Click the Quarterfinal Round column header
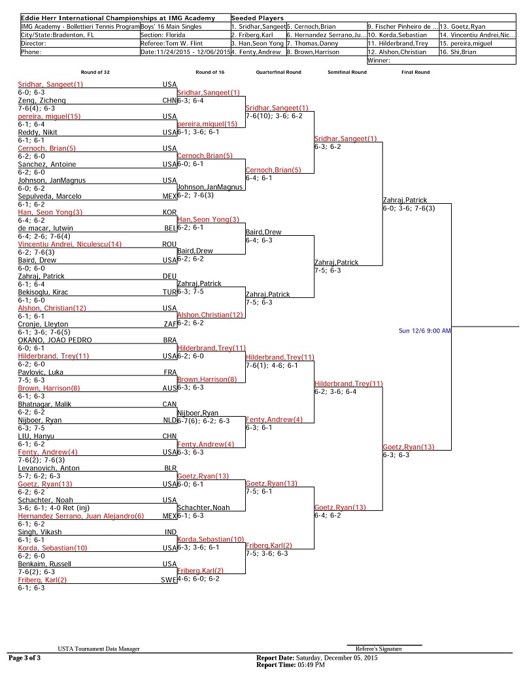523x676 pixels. click(278, 72)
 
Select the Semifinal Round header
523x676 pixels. click(347, 72)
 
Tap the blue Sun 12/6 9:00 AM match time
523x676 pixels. click(425, 330)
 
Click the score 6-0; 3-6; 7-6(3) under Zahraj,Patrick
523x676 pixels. click(409, 208)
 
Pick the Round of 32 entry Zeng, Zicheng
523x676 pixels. click(42, 101)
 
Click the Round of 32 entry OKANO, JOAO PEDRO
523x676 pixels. click(55, 340)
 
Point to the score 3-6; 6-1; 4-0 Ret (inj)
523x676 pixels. click(54, 508)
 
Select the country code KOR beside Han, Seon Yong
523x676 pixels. click(169, 212)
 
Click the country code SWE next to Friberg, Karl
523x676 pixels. click(169, 580)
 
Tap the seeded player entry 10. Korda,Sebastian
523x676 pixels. click(397, 35)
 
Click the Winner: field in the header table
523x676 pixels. click(379, 60)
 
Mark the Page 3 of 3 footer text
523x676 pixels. click(25, 658)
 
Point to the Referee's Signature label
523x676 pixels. click(379, 649)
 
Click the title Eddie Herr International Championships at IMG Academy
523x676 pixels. click(118, 18)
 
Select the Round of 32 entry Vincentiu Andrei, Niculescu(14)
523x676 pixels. click(70, 244)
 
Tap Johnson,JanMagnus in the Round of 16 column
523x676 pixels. click(210, 187)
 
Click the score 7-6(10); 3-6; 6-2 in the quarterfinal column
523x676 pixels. click(275, 116)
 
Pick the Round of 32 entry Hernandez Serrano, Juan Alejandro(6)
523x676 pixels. click(81, 516)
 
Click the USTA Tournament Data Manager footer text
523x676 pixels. click(99, 649)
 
